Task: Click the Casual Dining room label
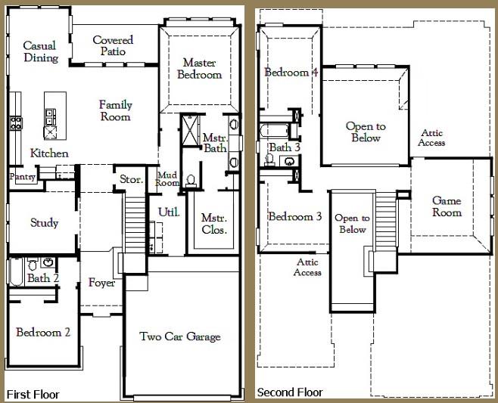39,51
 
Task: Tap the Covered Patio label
113,45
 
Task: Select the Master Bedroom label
199,68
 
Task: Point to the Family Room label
115,110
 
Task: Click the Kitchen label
49,153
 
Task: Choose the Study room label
44,222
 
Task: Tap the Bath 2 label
43,278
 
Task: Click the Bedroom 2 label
43,332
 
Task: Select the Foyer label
101,283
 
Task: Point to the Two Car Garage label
180,336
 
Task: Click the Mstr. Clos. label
214,224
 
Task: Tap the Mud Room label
167,178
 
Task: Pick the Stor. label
130,179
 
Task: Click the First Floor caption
33,394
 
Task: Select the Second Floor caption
290,392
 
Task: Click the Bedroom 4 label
291,72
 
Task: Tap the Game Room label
447,206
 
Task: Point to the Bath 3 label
285,147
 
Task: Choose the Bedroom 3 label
295,217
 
